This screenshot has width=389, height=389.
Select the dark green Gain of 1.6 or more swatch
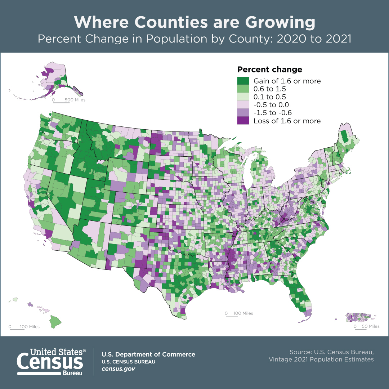tap(243, 81)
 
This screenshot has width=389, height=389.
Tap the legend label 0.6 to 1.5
tap(270, 89)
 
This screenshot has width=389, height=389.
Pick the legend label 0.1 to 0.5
tap(270, 97)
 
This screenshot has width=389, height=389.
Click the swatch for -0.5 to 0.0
tap(243, 105)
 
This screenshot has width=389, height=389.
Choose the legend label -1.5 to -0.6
tap(273, 113)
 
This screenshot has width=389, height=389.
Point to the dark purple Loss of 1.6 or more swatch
tap(243, 121)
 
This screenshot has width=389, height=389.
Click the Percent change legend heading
tap(269, 70)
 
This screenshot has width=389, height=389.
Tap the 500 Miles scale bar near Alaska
tap(68, 100)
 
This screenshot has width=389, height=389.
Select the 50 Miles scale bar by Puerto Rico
tap(367, 327)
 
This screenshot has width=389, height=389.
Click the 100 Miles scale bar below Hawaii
tap(24, 327)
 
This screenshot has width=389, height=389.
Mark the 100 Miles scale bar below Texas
tap(239, 314)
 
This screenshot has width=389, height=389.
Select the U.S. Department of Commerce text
tap(148, 354)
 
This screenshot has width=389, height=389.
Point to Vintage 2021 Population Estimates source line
tap(321, 359)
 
